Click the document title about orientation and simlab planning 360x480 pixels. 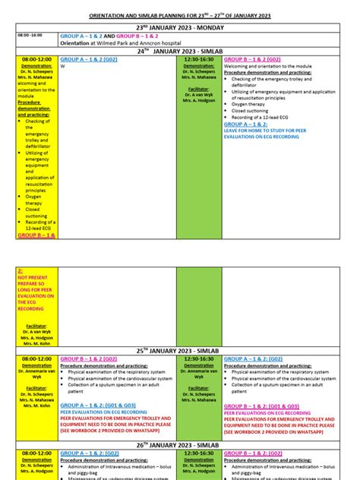(x=180, y=15)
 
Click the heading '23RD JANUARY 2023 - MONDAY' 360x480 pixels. (x=179, y=27)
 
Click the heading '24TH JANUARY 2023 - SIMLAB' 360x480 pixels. (x=179, y=51)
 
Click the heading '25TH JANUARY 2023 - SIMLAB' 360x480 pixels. (x=179, y=351)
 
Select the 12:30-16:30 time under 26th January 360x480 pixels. (x=199, y=453)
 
